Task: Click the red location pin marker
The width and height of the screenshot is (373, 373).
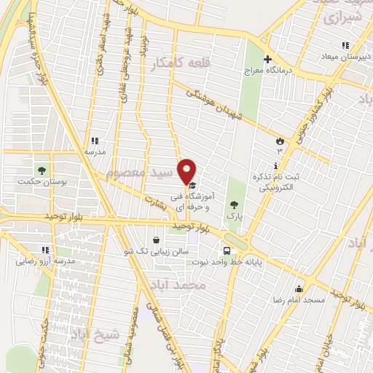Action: [x=187, y=170]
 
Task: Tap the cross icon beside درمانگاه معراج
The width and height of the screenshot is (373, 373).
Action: [x=267, y=59]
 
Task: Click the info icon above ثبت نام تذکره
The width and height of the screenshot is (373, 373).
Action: [x=275, y=165]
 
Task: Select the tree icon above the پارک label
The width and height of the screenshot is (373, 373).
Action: [x=234, y=205]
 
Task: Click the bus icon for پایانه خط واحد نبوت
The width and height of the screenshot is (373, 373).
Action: [x=228, y=251]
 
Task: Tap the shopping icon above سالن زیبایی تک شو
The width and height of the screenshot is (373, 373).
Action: [x=156, y=239]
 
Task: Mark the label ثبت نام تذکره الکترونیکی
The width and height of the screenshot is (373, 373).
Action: [x=276, y=182]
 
